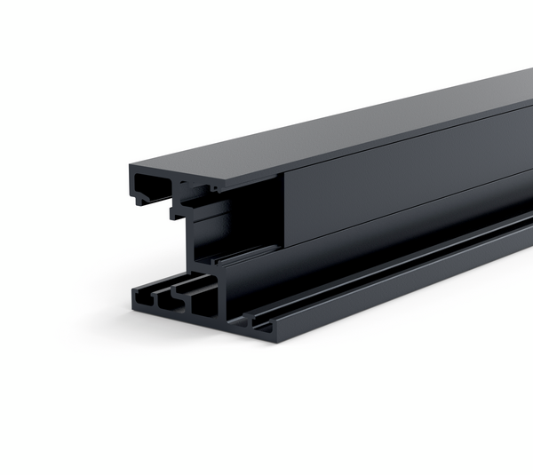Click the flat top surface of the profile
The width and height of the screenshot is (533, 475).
pos(355,124)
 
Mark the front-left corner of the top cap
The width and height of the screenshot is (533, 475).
pos(128,167)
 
